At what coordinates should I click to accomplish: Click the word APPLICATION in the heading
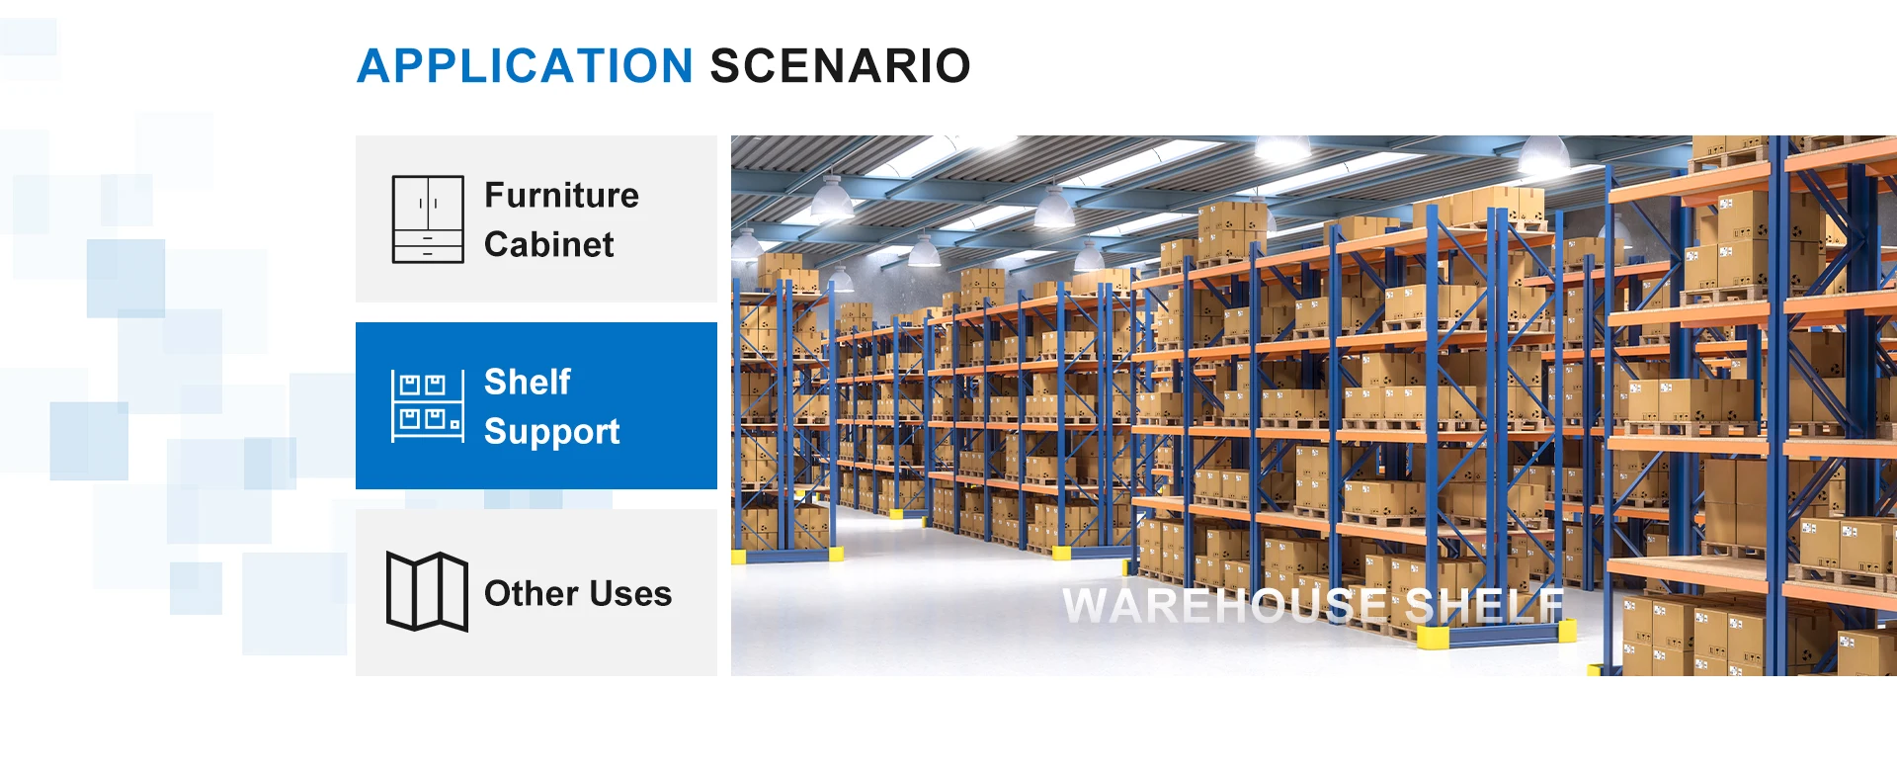pyautogui.click(x=525, y=66)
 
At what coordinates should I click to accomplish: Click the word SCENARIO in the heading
pyautogui.click(x=841, y=66)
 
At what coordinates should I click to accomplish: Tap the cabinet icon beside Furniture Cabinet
pyautogui.click(x=428, y=218)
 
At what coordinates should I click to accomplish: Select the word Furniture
pyautogui.click(x=561, y=195)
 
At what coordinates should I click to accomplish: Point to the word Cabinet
pyautogui.click(x=549, y=244)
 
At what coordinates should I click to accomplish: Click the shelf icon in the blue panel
pyautogui.click(x=428, y=405)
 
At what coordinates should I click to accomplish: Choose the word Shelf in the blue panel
pyautogui.click(x=528, y=382)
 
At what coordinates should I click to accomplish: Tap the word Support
pyautogui.click(x=552, y=432)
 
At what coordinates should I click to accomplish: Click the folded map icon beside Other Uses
pyautogui.click(x=427, y=591)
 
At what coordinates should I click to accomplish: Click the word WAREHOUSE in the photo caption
pyautogui.click(x=1225, y=605)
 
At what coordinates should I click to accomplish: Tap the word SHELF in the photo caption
pyautogui.click(x=1484, y=605)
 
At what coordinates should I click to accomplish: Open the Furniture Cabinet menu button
pyautogui.click(x=536, y=218)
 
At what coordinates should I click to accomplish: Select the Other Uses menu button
pyautogui.click(x=536, y=592)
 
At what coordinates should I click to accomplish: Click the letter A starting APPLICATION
pyautogui.click(x=376, y=66)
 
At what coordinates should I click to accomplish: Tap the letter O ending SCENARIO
pyautogui.click(x=950, y=66)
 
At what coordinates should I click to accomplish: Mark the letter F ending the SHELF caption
pyautogui.click(x=1552, y=605)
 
